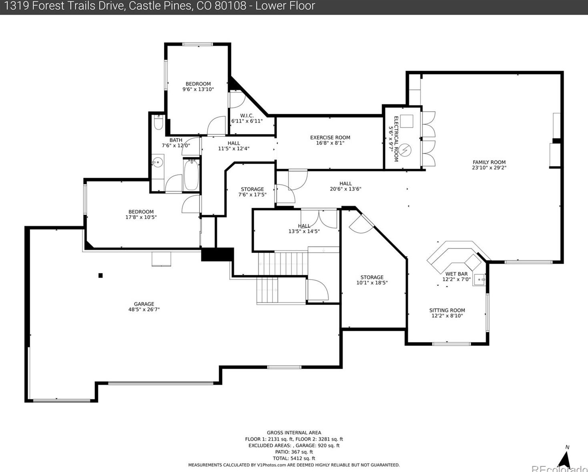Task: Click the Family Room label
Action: point(489,162)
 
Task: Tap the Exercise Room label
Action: point(330,138)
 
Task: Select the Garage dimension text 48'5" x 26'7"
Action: point(144,309)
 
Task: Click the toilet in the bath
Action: point(158,123)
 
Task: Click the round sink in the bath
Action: point(157,162)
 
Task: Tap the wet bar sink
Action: point(479,280)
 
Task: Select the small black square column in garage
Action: point(101,275)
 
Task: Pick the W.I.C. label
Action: point(247,116)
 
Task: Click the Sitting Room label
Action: point(447,310)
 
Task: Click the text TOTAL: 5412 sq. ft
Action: point(294,458)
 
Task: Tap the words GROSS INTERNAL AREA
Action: point(294,432)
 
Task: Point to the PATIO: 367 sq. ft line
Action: point(294,452)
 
